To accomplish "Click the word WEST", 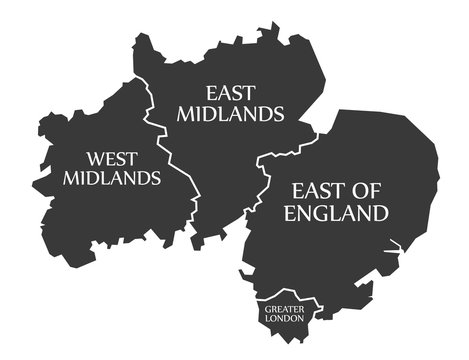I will pos(111,158).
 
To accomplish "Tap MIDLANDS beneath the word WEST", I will pos(111,178).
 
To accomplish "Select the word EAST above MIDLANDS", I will pos(229,93).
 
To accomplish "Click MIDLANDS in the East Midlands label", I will pos(229,114).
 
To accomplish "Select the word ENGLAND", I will pos(336,213).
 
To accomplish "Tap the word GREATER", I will pos(285,310).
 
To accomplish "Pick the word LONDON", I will pos(285,320).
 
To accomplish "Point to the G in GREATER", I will pos(268,310).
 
